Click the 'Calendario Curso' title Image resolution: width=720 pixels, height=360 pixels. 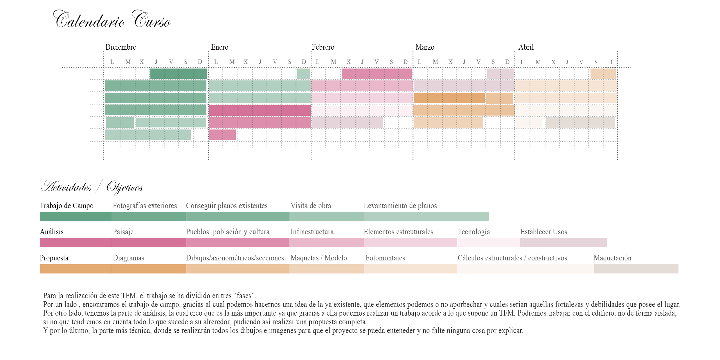(112, 20)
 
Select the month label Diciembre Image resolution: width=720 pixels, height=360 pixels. (120, 47)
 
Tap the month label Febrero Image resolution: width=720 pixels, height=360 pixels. (323, 47)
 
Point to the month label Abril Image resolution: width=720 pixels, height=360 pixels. (526, 47)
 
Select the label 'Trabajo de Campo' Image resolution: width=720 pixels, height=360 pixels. (66, 206)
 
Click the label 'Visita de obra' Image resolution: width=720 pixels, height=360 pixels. (311, 206)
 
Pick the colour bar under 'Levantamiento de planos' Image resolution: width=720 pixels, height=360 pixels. (426, 217)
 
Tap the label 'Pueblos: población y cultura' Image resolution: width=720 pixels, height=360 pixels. (228, 232)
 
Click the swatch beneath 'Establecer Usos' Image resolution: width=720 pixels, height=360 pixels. (563, 243)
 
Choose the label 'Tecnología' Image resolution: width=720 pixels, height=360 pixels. (474, 232)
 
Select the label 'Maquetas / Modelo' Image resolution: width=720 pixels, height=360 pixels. (318, 258)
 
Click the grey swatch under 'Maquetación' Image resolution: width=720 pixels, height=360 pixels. (636, 269)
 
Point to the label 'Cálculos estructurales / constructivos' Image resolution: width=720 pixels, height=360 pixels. (512, 258)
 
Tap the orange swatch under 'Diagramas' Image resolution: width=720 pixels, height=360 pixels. (148, 269)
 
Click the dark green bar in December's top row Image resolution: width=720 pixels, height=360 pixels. (179, 74)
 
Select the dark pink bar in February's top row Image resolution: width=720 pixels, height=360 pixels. (377, 74)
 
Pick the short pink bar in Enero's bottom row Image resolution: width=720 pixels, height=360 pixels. (222, 135)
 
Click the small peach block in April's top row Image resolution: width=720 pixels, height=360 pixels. (603, 74)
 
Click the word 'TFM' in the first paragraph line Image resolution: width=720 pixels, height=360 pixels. (129, 296)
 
